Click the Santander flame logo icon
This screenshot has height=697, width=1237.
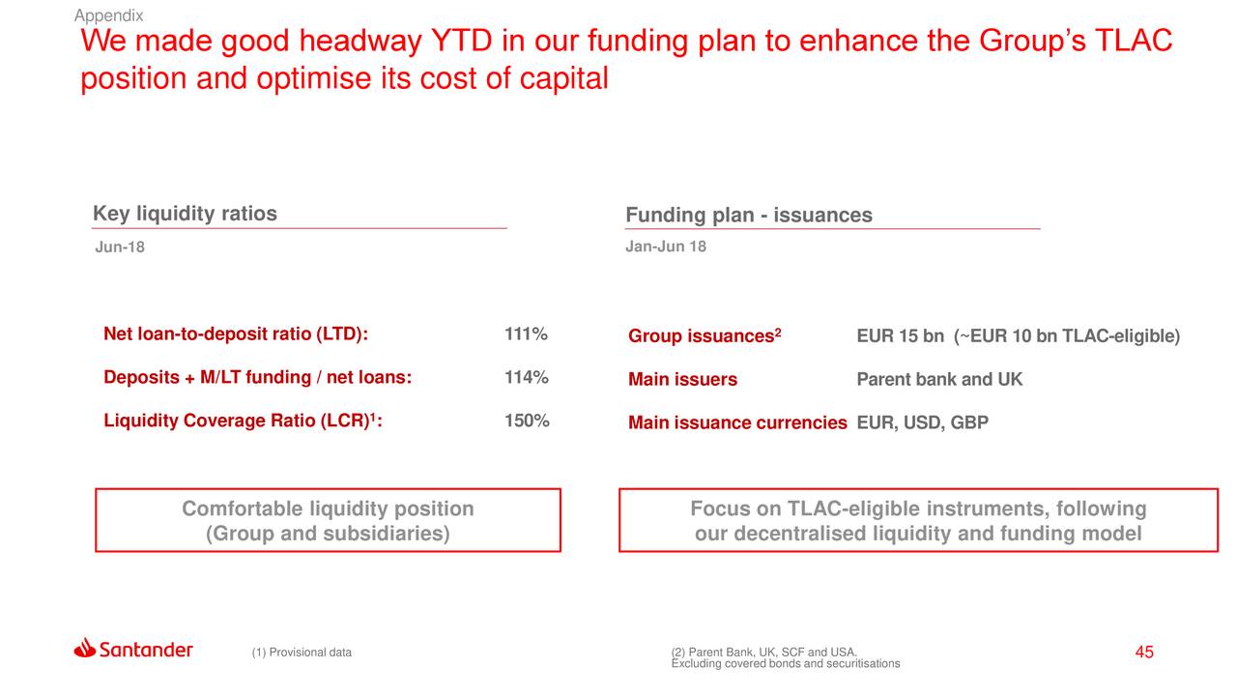pos(84,648)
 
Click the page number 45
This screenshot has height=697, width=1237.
pos(1144,653)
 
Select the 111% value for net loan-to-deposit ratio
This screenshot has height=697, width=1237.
pos(526,334)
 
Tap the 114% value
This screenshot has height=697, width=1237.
pos(526,377)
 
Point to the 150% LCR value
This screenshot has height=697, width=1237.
pos(527,421)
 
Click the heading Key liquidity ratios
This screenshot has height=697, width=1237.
pos(185,214)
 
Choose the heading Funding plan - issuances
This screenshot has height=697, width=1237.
pos(748,215)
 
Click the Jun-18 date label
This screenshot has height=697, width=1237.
pos(120,247)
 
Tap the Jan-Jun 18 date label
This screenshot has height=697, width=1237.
pos(665,247)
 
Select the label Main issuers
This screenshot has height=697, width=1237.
pos(682,380)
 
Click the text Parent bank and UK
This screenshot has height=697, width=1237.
pos(938,379)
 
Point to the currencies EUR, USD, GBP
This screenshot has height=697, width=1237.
pos(922,422)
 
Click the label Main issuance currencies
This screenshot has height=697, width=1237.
pos(736,422)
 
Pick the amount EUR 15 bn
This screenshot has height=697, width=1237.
pos(900,336)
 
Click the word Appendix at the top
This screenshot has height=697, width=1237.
pos(108,15)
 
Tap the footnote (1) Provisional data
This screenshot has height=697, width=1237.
pos(302,653)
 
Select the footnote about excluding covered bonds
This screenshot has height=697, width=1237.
pos(785,664)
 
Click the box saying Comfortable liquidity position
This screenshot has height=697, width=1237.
pos(328,521)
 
